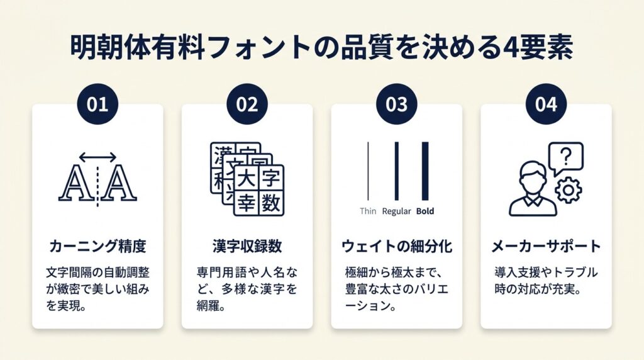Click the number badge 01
(x=97, y=104)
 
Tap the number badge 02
(x=247, y=104)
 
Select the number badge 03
(x=397, y=104)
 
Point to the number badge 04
(x=547, y=104)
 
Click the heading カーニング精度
(x=97, y=246)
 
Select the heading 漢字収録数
(x=247, y=246)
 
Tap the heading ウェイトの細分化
(x=397, y=246)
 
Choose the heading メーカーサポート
(x=547, y=246)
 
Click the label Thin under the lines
(x=368, y=211)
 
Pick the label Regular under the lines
(x=396, y=211)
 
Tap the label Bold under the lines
(x=425, y=211)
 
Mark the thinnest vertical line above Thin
(x=368, y=171)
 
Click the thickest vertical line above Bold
(x=425, y=171)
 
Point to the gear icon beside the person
(x=569, y=190)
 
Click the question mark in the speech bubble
(x=566, y=157)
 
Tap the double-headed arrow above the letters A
(x=97, y=157)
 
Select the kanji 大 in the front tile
(x=247, y=179)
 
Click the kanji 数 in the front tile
(x=271, y=203)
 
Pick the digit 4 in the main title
(x=510, y=48)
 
